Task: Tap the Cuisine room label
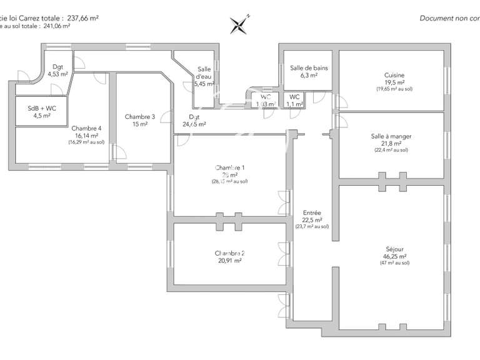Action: pyautogui.click(x=394, y=75)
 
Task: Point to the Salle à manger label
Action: pyautogui.click(x=391, y=136)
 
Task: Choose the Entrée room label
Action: pyautogui.click(x=312, y=212)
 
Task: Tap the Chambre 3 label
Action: pyautogui.click(x=139, y=117)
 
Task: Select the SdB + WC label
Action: pyautogui.click(x=42, y=108)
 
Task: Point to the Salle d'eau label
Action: pyautogui.click(x=204, y=72)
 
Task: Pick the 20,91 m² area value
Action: pyautogui.click(x=229, y=261)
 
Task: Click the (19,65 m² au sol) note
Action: pyautogui.click(x=394, y=89)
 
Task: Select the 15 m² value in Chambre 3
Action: pyautogui.click(x=139, y=124)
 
